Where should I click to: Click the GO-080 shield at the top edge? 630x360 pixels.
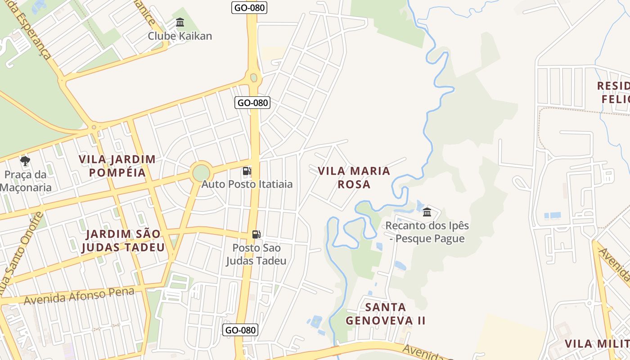tap(249, 7)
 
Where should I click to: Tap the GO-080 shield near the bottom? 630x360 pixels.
tap(241, 330)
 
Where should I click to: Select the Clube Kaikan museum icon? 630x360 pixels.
tap(180, 22)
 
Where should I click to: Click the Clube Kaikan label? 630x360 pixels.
tap(180, 36)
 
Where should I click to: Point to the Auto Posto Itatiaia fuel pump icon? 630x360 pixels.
tap(246, 171)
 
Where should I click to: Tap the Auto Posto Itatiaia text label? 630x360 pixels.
tap(247, 184)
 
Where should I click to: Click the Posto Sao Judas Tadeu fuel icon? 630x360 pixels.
tap(256, 234)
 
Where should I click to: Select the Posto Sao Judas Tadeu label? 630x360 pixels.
tap(256, 254)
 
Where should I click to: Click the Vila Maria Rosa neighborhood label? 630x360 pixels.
tap(354, 177)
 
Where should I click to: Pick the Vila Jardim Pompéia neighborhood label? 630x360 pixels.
tap(117, 166)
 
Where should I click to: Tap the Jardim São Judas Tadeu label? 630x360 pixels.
tap(123, 240)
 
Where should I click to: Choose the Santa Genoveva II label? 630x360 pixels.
tap(385, 314)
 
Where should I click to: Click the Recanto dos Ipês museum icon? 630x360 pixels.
tap(427, 212)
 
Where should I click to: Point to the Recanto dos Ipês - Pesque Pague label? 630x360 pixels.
tap(427, 232)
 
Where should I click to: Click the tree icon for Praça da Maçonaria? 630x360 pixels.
tap(25, 161)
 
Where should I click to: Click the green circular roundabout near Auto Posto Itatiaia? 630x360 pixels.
tap(201, 173)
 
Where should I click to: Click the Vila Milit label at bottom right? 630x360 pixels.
tap(597, 344)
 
